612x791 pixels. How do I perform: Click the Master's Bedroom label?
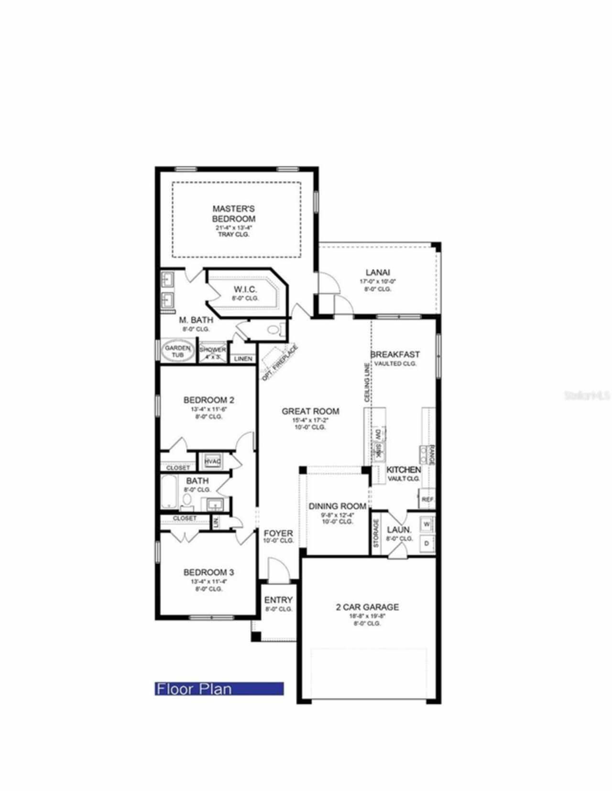click(x=234, y=214)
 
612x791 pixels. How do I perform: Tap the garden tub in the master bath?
click(x=177, y=352)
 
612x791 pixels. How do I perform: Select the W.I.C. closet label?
click(x=245, y=289)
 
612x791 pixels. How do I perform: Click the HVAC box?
click(x=212, y=461)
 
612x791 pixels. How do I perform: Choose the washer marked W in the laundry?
click(x=426, y=524)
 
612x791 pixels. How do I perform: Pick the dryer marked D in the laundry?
click(x=426, y=543)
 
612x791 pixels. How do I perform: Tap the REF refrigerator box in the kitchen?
click(x=427, y=499)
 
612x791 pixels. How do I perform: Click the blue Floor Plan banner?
click(x=219, y=688)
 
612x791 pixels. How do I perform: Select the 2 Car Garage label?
click(x=367, y=607)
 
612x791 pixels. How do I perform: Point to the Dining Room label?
click(x=337, y=506)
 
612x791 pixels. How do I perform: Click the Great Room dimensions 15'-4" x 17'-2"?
click(x=310, y=420)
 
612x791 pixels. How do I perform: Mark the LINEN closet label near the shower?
click(x=243, y=359)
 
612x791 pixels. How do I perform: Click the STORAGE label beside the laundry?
click(x=376, y=533)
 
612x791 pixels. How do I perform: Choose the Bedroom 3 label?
click(x=208, y=572)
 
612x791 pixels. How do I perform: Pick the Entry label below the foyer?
click(x=278, y=600)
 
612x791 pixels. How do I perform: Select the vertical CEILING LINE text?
click(x=367, y=382)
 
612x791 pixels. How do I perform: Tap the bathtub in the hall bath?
click(x=169, y=492)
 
